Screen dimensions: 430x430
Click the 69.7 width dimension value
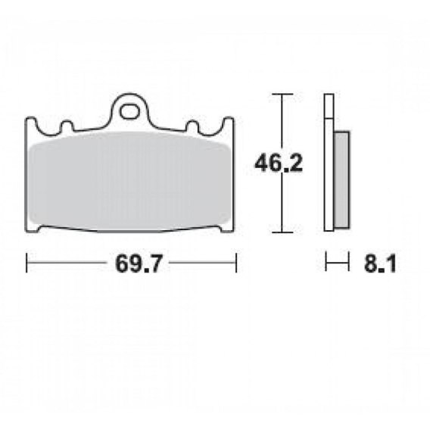point(139,263)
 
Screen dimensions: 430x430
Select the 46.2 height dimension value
point(279,164)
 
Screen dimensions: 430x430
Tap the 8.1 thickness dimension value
point(380,263)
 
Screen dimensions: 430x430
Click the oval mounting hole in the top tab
point(129,111)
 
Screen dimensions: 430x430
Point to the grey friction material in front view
point(129,181)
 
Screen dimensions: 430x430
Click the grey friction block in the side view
point(341,179)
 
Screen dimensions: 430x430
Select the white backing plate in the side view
point(329,163)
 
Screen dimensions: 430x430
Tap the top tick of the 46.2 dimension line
point(282,94)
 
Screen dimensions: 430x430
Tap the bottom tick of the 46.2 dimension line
point(282,232)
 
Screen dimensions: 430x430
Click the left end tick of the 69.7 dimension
point(26,263)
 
